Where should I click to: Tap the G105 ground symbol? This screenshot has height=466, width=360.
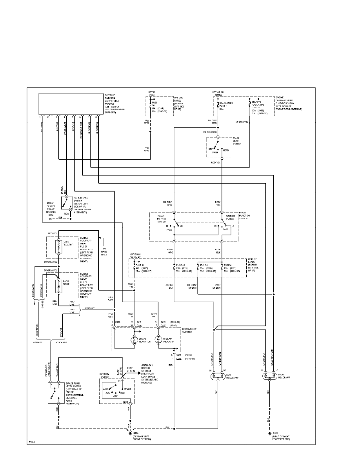pyautogui.click(x=269, y=433)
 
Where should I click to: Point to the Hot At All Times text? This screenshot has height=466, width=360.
pyautogui.click(x=218, y=94)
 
